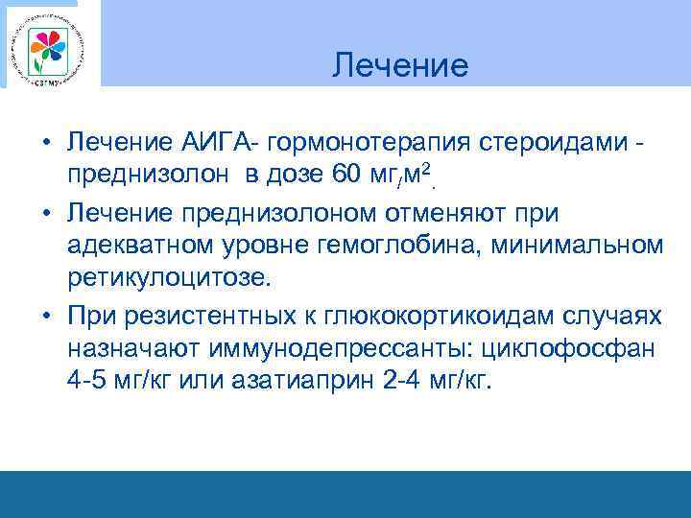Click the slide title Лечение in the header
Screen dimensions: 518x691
pos(400,65)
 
